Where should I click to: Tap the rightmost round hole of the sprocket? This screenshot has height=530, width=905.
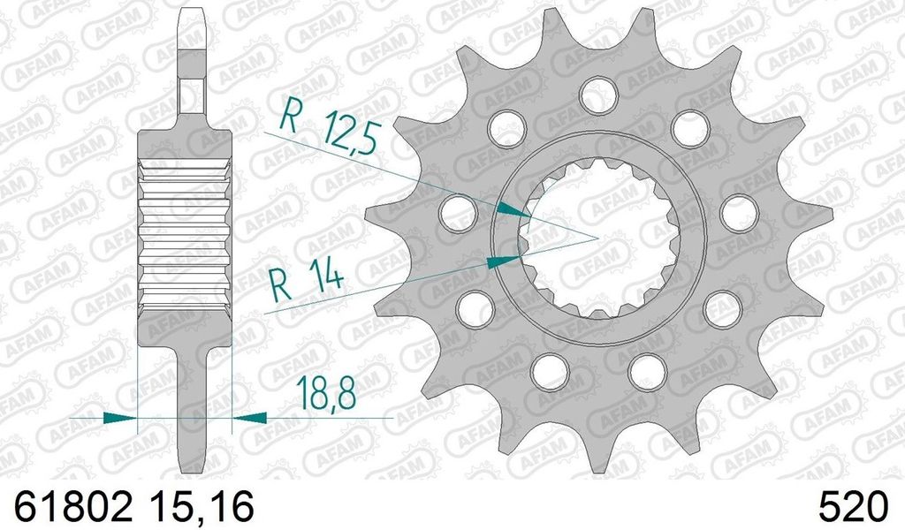[739, 213]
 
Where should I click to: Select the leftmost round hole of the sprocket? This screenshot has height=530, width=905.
[457, 209]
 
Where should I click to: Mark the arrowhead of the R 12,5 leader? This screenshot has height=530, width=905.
[510, 210]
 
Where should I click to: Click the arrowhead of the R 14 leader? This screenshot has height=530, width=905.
[504, 261]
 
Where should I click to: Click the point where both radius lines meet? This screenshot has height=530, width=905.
[597, 238]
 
